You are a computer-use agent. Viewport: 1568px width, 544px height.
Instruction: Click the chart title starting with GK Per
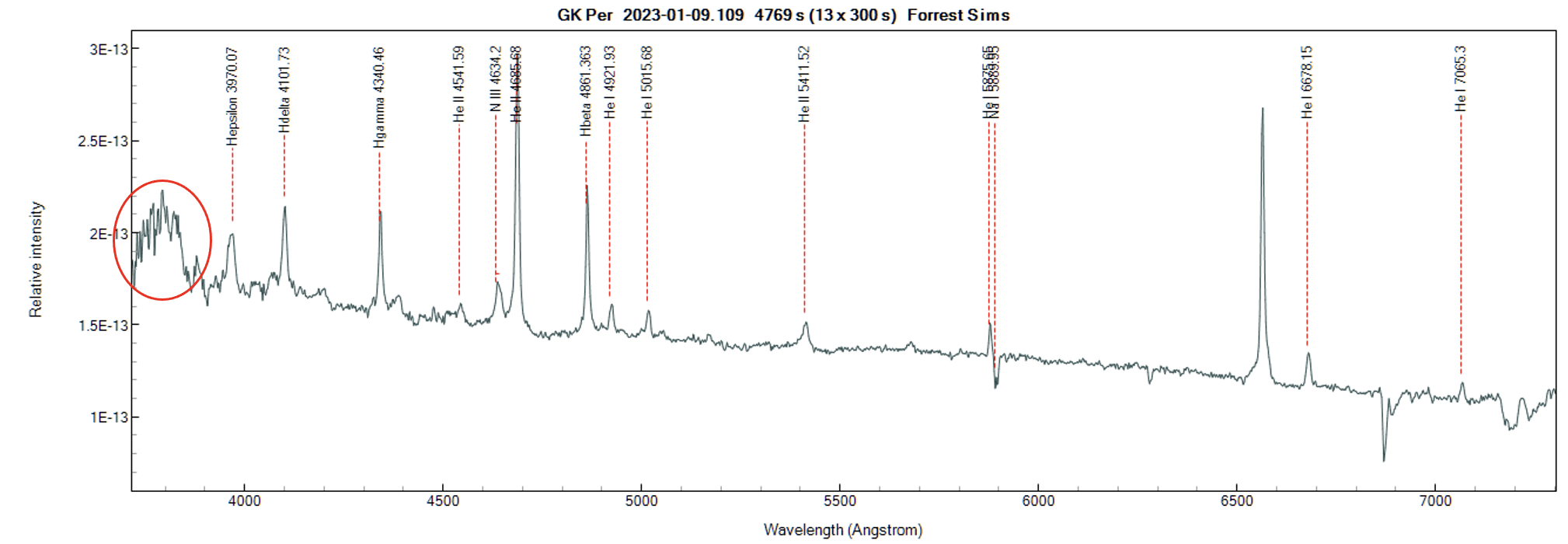782,15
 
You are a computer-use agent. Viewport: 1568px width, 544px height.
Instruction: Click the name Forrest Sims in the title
958,15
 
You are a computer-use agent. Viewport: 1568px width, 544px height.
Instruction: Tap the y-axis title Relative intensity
36,260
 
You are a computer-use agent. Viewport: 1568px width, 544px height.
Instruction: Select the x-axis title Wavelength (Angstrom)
843,530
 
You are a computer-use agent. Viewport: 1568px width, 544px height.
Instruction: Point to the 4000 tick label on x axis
244,501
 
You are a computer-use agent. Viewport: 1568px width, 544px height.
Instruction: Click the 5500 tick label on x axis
839,501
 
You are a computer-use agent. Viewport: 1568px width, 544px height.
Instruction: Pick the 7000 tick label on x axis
1435,501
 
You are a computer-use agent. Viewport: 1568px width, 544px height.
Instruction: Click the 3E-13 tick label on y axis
109,49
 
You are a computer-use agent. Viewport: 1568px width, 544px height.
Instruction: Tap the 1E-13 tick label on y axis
109,417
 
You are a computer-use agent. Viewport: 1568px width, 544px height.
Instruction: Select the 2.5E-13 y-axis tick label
103,141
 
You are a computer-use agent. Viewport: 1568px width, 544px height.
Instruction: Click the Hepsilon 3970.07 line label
232,96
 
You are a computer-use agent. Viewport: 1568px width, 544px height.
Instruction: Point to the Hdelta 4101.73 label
284,89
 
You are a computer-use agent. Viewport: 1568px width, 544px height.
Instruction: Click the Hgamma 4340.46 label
379,97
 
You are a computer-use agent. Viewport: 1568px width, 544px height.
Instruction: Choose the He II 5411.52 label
804,84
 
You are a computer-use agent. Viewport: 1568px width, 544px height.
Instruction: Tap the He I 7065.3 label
1461,78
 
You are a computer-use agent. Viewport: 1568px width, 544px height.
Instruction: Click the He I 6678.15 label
1307,82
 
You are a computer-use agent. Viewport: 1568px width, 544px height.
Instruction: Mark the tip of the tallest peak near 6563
1263,109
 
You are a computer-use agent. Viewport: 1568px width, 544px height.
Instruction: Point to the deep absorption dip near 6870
1384,459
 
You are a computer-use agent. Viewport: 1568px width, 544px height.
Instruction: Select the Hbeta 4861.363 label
586,91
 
